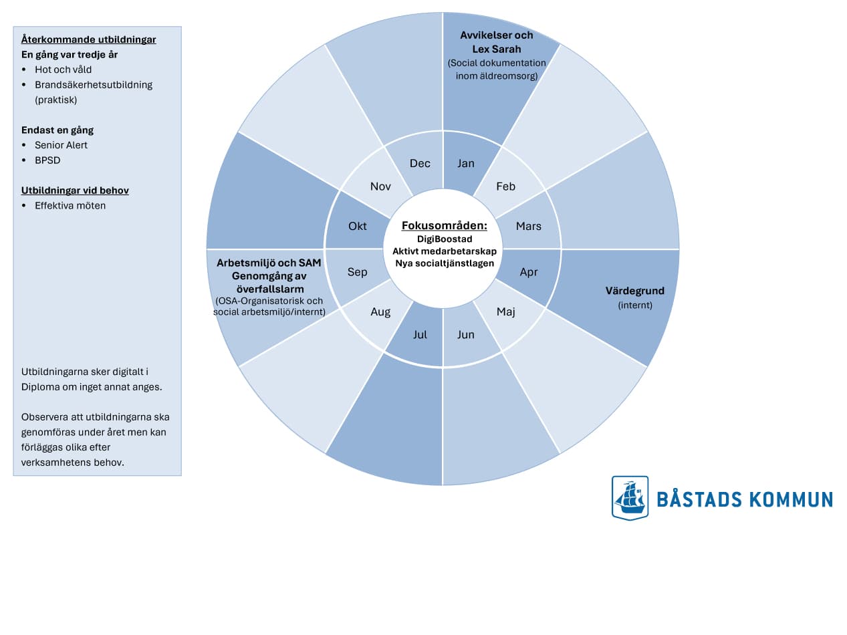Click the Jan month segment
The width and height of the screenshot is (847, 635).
(x=466, y=164)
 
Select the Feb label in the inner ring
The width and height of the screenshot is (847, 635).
(x=506, y=186)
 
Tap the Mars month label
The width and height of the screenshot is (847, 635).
(x=529, y=227)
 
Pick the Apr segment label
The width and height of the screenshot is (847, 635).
(x=529, y=272)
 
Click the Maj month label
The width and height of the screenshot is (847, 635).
(x=506, y=311)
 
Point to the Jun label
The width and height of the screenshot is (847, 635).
(x=466, y=335)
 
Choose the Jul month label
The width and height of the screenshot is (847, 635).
(x=420, y=335)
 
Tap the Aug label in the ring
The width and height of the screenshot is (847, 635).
(x=380, y=311)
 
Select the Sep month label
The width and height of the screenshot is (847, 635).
(x=358, y=272)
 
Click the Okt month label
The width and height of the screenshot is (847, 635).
(x=358, y=227)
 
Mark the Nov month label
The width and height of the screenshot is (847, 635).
(x=380, y=186)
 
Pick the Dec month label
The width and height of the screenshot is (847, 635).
(x=420, y=164)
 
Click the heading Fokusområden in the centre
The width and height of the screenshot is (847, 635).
(x=445, y=226)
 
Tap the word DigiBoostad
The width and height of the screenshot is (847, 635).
(x=445, y=239)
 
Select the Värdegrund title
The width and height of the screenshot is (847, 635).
(x=635, y=291)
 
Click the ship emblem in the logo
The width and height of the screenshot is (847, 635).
(x=630, y=497)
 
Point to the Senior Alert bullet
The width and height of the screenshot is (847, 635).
(x=61, y=145)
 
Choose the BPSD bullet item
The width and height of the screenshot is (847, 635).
(x=47, y=160)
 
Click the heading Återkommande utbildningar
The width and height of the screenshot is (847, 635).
(x=88, y=39)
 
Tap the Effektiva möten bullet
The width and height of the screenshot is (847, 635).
(x=70, y=206)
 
